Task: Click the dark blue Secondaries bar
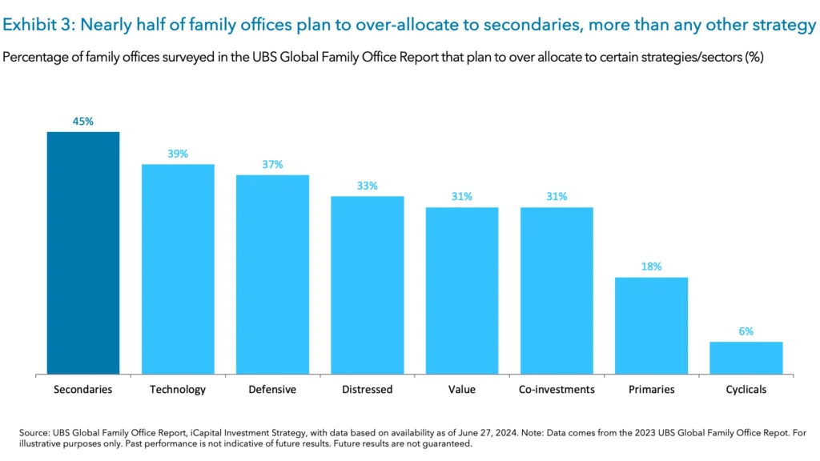[83, 253]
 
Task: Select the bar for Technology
[178, 269]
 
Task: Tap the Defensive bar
[272, 275]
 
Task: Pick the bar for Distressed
[368, 285]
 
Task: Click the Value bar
[462, 291]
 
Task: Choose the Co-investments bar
[557, 291]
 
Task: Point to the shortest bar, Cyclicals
[746, 358]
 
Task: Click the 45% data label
[83, 122]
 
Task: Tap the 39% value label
[178, 154]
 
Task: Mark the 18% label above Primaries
[651, 267]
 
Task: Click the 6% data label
[746, 331]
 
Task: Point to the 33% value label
[368, 186]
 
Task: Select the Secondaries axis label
[83, 390]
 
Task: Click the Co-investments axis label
[557, 390]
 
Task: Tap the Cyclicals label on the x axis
[746, 390]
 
